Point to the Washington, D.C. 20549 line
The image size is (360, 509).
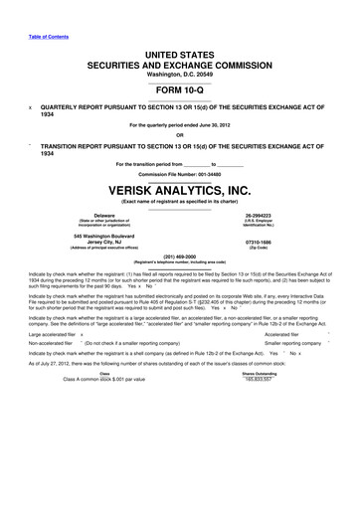coord(180,75)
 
